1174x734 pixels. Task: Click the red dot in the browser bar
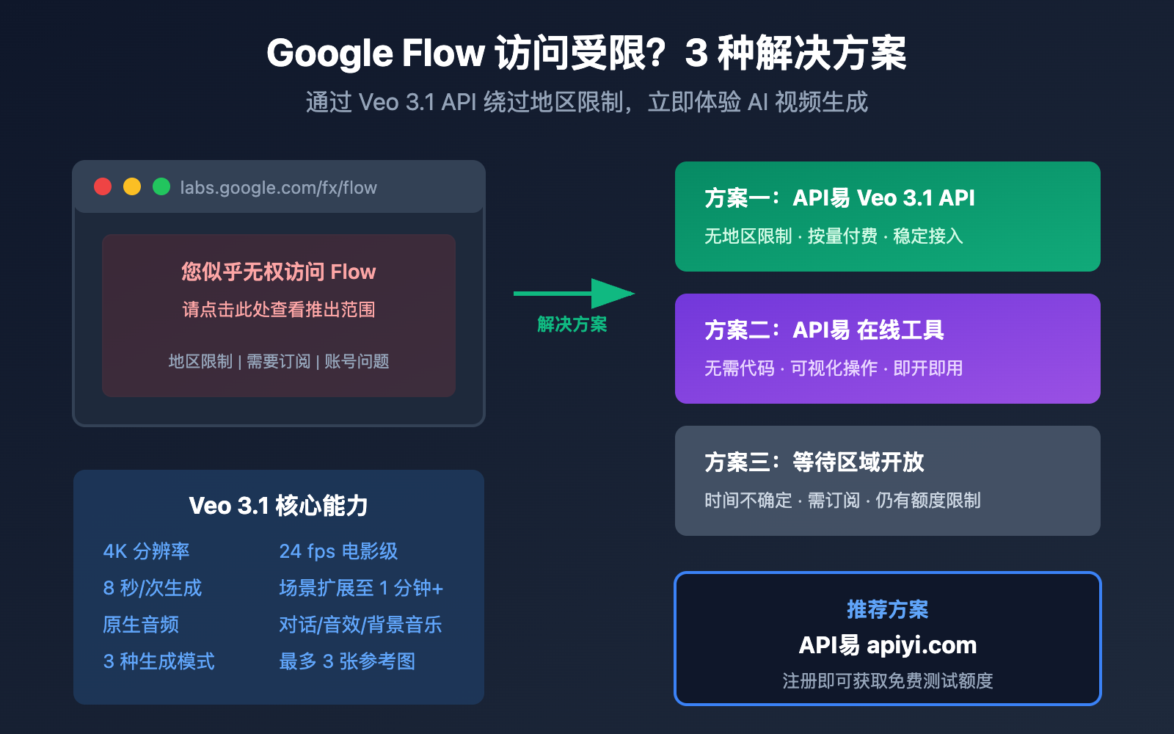point(103,186)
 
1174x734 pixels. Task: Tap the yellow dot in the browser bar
point(132,186)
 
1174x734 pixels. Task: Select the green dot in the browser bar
point(161,186)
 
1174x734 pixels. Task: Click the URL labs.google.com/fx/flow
point(278,188)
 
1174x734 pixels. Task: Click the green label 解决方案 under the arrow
point(572,324)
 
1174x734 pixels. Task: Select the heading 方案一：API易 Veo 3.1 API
point(839,198)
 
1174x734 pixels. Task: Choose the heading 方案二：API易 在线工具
point(824,330)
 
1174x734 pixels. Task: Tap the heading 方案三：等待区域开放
point(814,462)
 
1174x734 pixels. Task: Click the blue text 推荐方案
point(887,609)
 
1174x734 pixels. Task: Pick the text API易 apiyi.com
point(887,645)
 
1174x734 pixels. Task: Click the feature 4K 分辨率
point(146,551)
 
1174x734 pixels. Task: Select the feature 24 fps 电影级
point(338,551)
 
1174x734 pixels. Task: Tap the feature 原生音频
point(141,625)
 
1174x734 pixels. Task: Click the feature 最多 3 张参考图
point(347,661)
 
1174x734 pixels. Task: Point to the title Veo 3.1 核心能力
point(278,506)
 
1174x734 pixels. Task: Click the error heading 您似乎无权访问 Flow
point(278,272)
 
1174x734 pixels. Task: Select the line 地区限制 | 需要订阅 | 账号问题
point(278,362)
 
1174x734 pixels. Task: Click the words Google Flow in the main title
point(375,54)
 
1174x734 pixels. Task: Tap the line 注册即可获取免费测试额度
point(887,681)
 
